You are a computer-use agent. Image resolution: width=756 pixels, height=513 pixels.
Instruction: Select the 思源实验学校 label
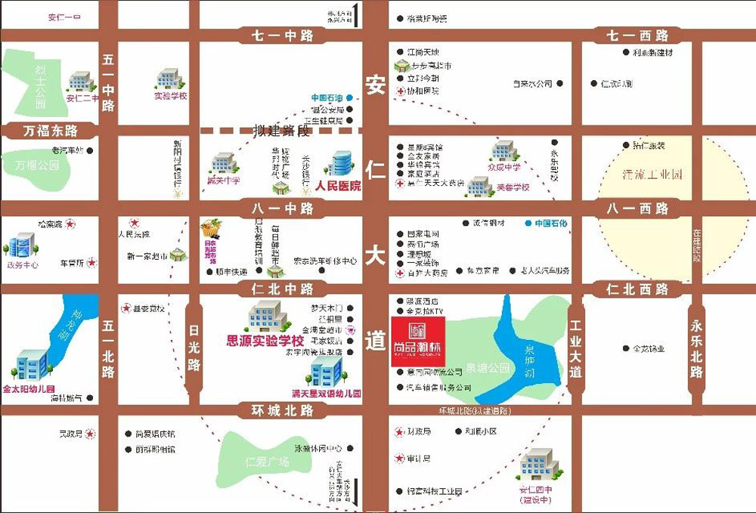click(x=265, y=341)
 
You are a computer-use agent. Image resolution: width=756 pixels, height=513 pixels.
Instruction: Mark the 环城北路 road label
click(x=276, y=410)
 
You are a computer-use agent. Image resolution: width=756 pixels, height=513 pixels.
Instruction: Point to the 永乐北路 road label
click(x=696, y=348)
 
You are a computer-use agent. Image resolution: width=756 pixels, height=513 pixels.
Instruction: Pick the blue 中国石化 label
click(x=550, y=224)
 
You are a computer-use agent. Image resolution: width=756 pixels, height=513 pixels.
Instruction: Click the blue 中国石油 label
click(x=327, y=98)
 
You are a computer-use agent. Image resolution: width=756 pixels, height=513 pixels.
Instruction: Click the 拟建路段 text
click(x=282, y=130)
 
